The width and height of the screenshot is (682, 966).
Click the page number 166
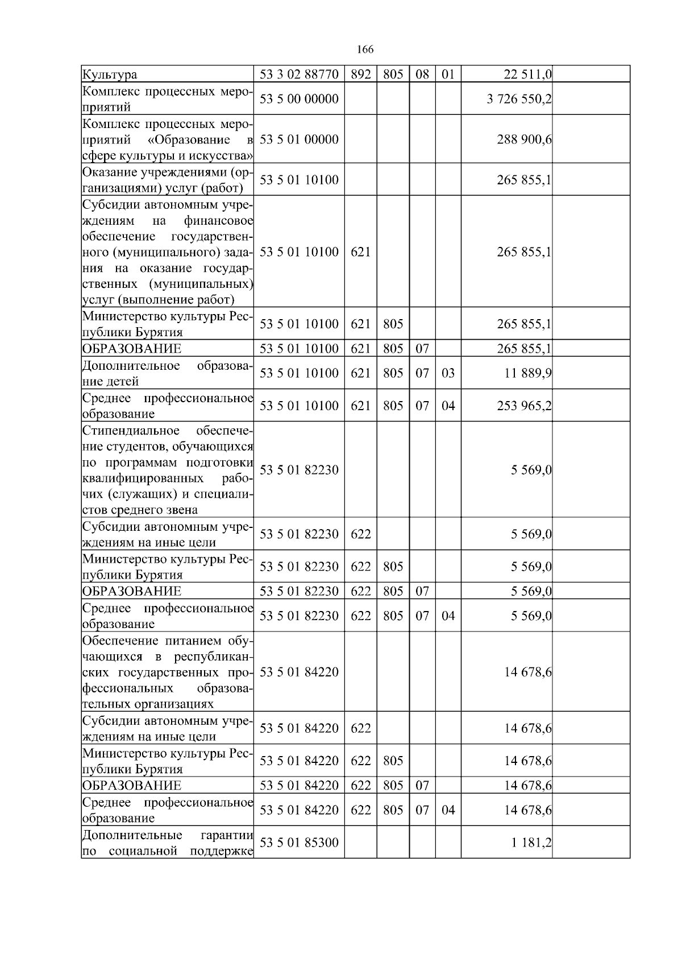(x=365, y=49)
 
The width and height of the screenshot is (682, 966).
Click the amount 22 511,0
(x=527, y=75)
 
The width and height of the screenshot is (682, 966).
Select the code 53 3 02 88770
(x=299, y=75)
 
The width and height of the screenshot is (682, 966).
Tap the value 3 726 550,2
(x=519, y=99)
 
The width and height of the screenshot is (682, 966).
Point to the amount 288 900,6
(x=524, y=140)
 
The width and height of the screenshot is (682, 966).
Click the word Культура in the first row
(x=110, y=75)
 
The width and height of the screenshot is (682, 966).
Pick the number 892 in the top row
(x=360, y=75)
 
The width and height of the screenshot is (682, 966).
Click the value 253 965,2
(x=524, y=406)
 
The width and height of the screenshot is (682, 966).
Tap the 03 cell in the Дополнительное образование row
(x=448, y=373)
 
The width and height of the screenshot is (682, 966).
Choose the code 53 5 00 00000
(x=299, y=99)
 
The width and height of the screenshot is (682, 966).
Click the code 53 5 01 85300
(x=299, y=843)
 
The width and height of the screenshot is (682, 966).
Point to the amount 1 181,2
(x=531, y=843)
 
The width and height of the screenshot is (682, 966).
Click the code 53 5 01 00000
(x=299, y=140)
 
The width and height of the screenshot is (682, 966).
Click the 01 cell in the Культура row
(x=448, y=75)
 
